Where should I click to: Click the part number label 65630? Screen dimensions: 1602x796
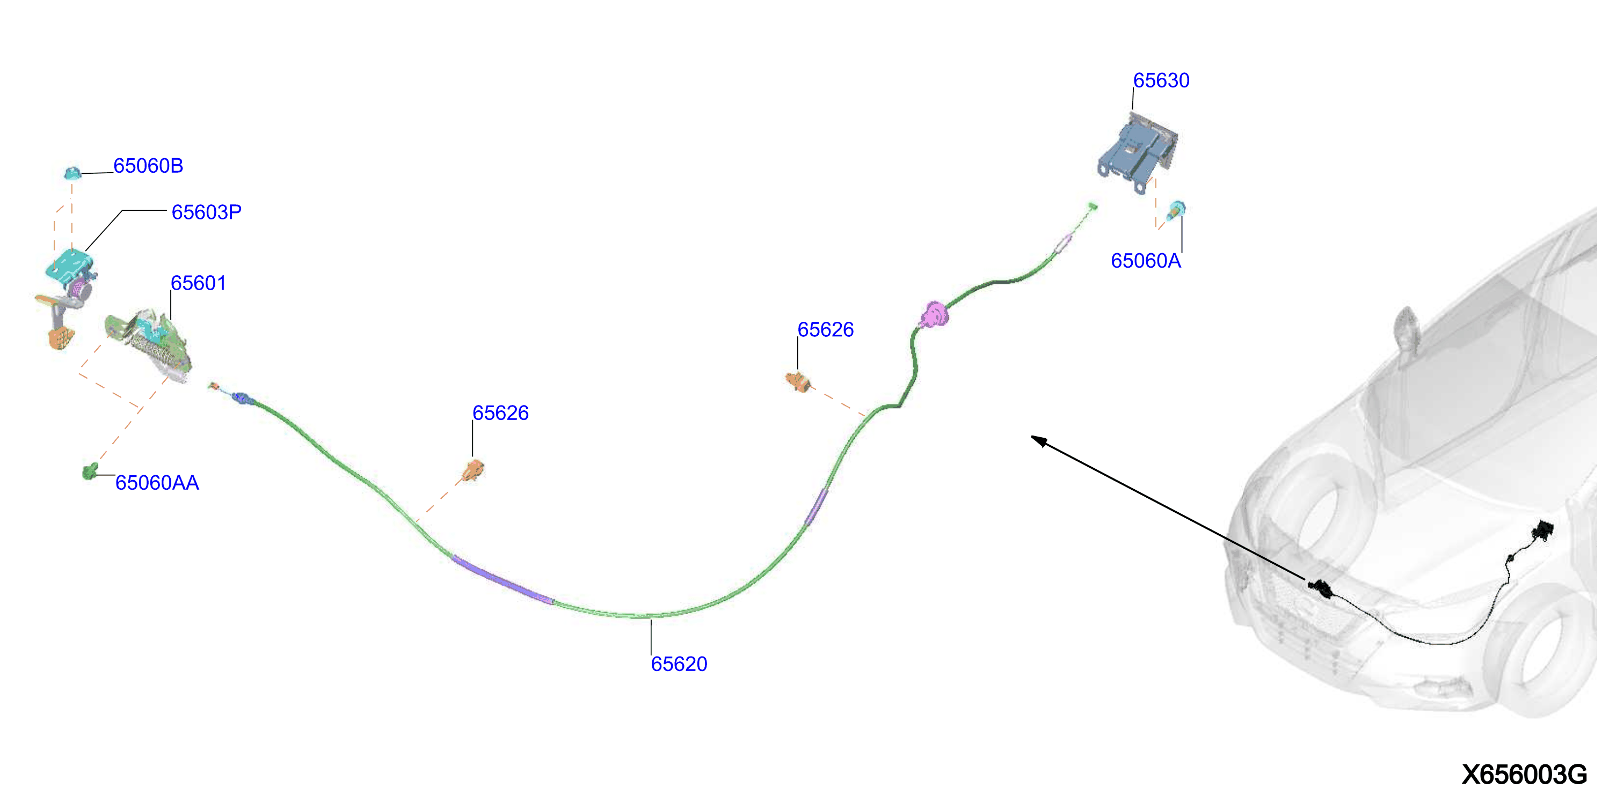(1161, 81)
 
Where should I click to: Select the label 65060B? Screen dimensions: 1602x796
(148, 166)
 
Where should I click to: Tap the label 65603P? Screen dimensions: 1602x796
(207, 212)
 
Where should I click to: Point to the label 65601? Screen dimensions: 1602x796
(199, 283)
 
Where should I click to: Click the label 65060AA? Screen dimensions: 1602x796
(157, 483)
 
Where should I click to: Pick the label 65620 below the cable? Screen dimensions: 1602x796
(679, 664)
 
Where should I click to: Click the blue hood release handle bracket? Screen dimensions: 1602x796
(1138, 153)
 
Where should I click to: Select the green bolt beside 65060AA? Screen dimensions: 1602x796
(90, 471)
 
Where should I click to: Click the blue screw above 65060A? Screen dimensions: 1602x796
(1175, 210)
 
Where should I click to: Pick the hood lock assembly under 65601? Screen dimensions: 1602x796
(148, 345)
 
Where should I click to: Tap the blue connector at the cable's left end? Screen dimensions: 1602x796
(241, 397)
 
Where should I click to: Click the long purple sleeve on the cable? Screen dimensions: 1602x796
(503, 580)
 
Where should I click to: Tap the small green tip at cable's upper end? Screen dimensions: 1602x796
(1093, 207)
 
